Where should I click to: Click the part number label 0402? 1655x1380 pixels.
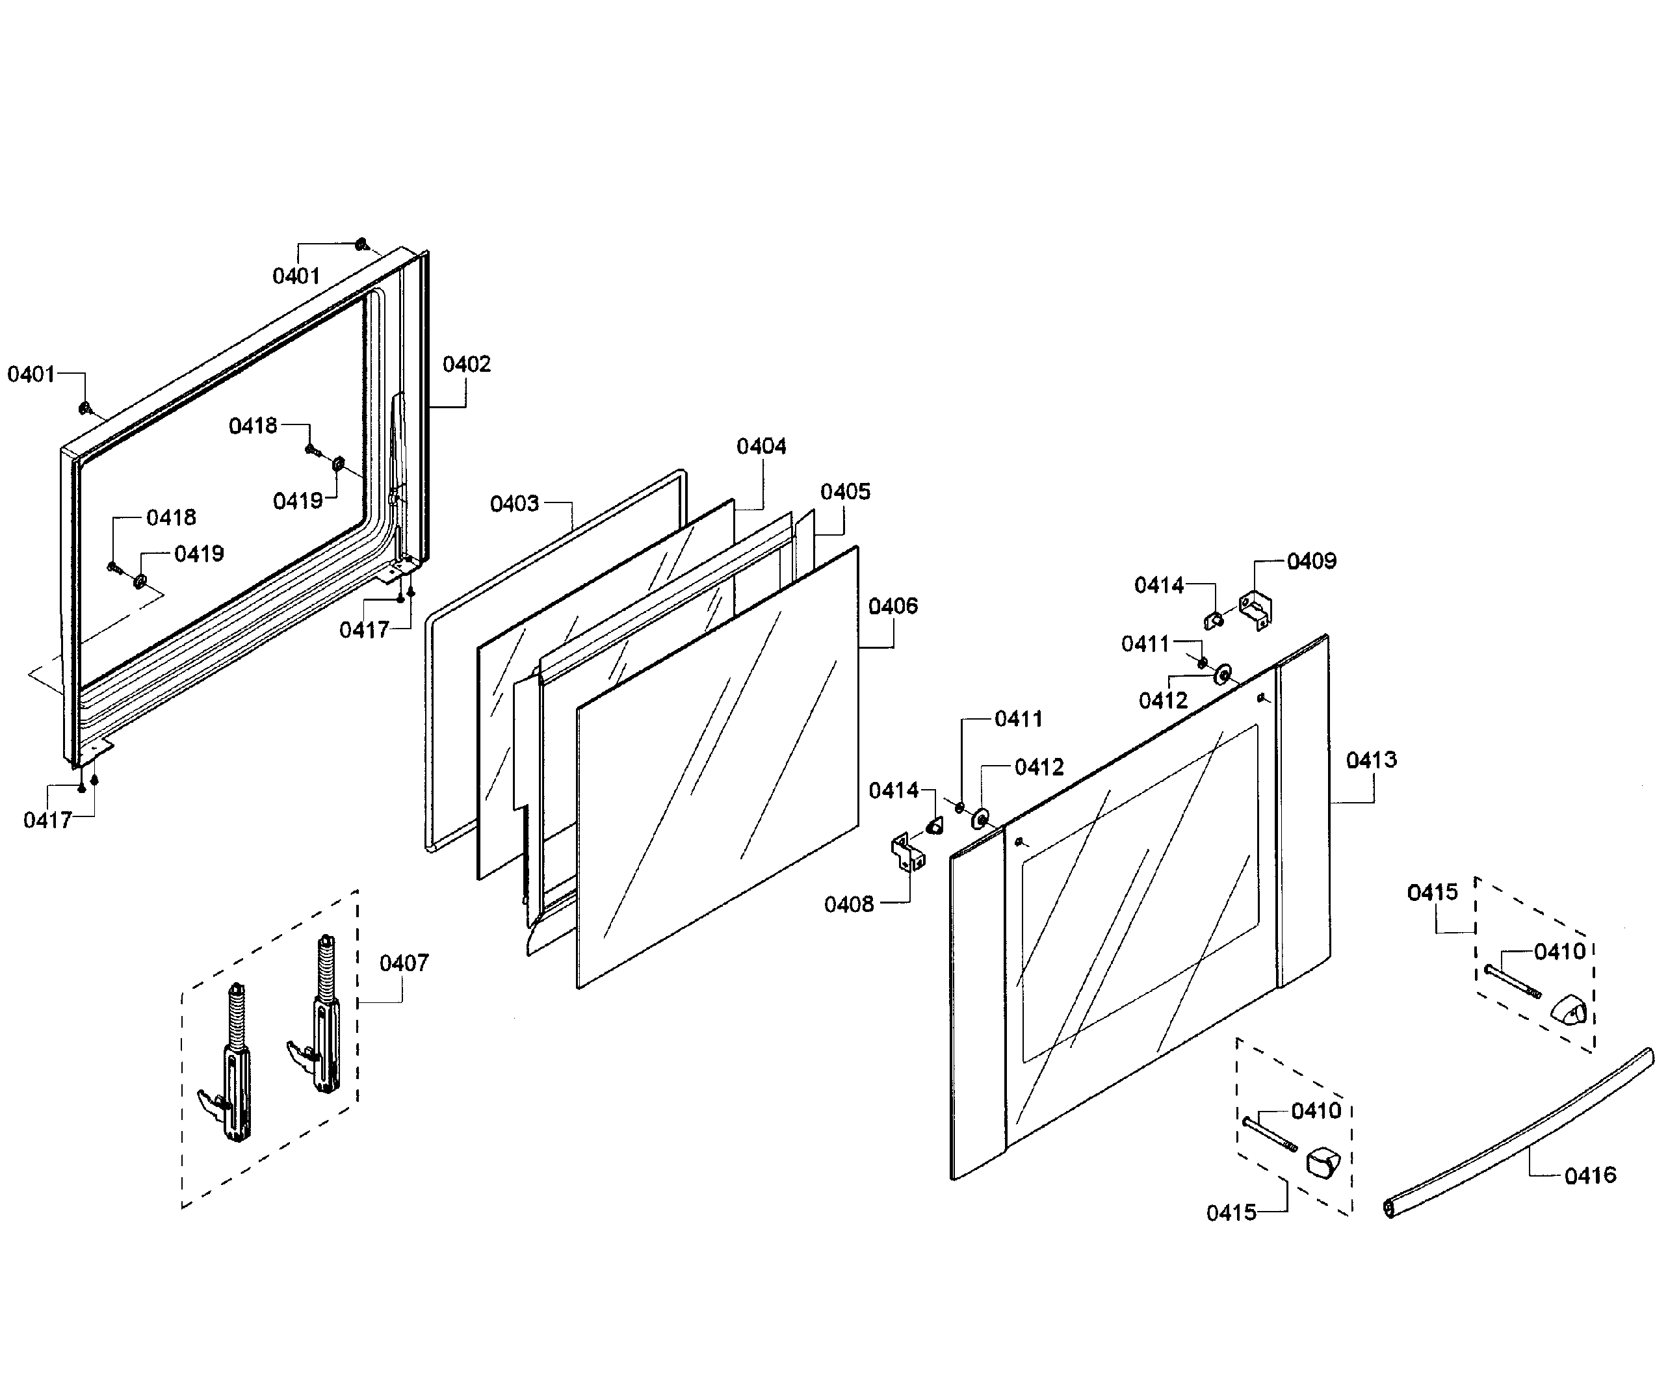pyautogui.click(x=466, y=364)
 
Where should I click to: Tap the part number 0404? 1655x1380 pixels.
pyautogui.click(x=761, y=447)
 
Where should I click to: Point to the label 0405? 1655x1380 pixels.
pyautogui.click(x=845, y=492)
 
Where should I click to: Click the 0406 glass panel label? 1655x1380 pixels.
pyautogui.click(x=893, y=606)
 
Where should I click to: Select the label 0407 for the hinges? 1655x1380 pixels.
pyautogui.click(x=404, y=963)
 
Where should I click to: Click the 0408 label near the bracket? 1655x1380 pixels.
pyautogui.click(x=849, y=904)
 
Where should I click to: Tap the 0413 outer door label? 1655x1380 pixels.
pyautogui.click(x=1372, y=760)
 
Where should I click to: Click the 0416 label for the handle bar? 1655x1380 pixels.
pyautogui.click(x=1589, y=1176)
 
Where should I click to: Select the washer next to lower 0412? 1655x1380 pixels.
pyautogui.click(x=981, y=819)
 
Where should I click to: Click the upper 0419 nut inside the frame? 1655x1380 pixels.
pyautogui.click(x=339, y=463)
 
